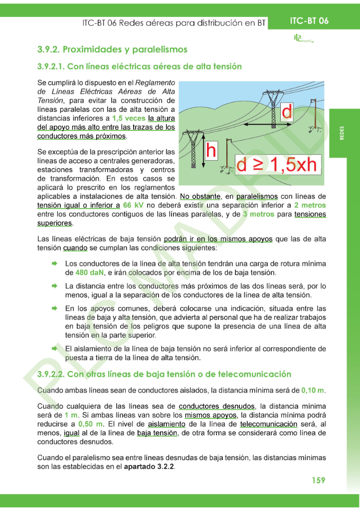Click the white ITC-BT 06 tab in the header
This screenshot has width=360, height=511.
(x=310, y=21)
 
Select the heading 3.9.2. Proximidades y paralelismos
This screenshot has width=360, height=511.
(x=112, y=49)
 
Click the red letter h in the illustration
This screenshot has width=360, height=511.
(x=211, y=150)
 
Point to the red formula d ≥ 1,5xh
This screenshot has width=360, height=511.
(x=276, y=165)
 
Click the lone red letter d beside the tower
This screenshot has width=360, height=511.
(x=287, y=112)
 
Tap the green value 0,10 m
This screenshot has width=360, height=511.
(x=313, y=390)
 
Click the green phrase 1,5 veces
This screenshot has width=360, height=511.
(x=129, y=118)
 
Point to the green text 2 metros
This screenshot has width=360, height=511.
(x=310, y=205)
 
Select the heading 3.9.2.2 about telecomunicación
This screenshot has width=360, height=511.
(x=164, y=374)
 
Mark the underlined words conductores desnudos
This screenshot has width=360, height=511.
(x=216, y=406)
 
